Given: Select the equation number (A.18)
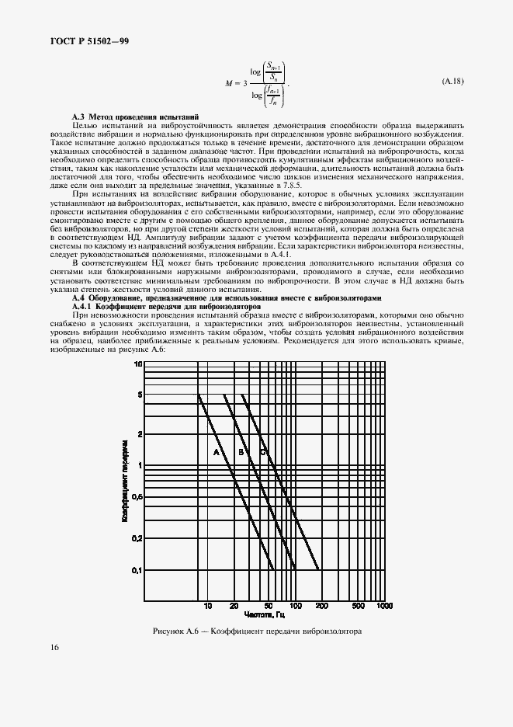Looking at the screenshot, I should pos(452,81).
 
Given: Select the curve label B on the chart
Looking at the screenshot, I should pos(241,452).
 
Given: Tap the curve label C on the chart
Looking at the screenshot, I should pos(262,452).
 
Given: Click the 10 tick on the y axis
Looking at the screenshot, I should pos(139,363).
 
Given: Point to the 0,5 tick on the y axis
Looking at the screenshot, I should pos(137,496).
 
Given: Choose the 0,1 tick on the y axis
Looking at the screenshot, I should pos(137,571).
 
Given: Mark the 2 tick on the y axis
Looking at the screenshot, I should pos(140,434).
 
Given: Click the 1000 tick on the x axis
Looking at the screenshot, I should pos(384,605).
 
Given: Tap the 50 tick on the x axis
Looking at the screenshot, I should pos(269,605).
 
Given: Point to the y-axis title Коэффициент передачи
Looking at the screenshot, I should pos(124,479).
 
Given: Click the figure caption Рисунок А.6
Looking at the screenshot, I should pos(257,631).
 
